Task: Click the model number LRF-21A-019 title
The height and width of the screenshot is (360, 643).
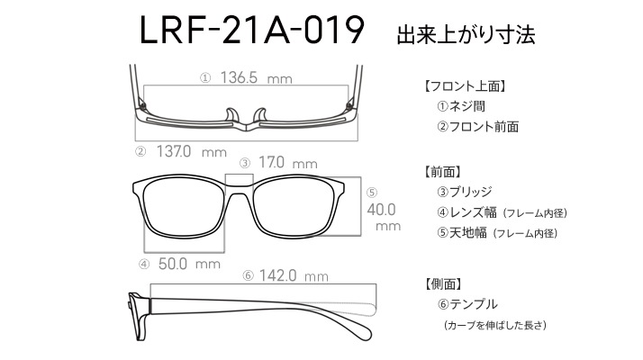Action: coord(251,33)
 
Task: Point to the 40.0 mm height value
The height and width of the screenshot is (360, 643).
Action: coord(382,209)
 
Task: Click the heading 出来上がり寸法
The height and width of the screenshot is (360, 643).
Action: coord(466,36)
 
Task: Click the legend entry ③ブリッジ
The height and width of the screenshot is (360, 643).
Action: coord(467,192)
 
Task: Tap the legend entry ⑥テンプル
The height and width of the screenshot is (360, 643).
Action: coord(466,304)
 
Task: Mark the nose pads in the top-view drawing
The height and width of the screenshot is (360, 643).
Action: coord(245,114)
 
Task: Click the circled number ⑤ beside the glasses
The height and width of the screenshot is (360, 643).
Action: coord(371,191)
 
